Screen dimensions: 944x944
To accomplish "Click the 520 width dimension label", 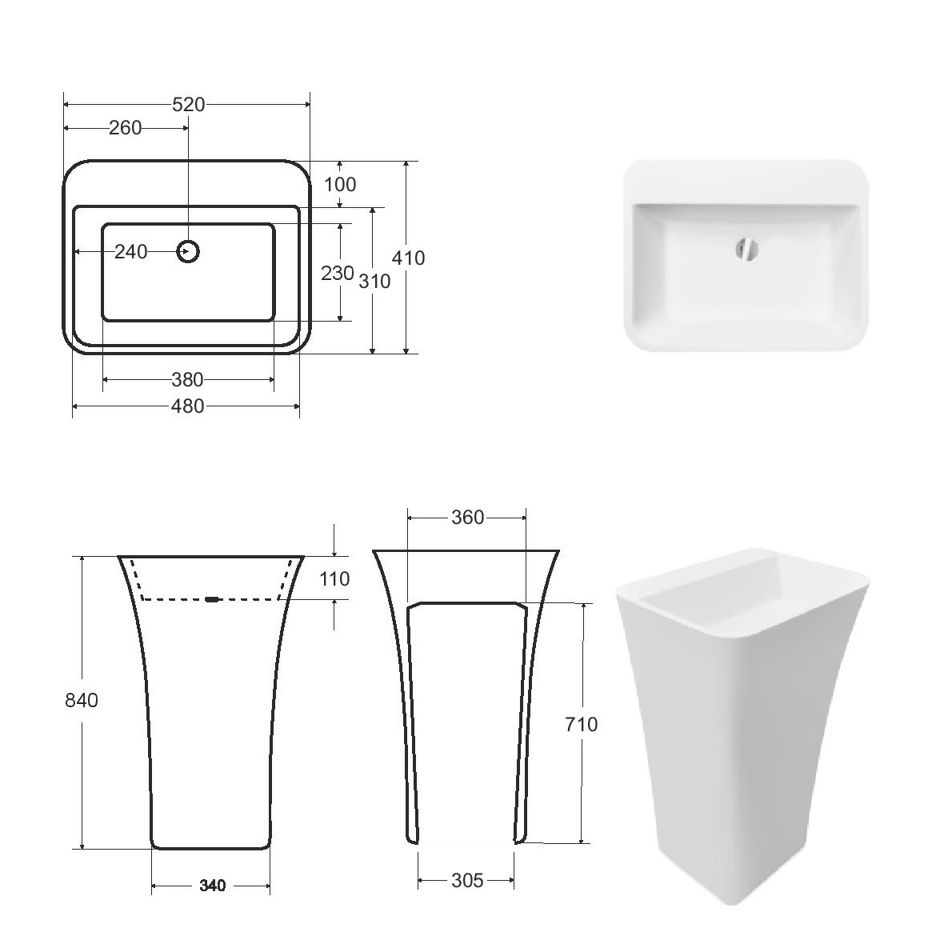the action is (189, 105).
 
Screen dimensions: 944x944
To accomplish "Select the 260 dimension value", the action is (126, 128).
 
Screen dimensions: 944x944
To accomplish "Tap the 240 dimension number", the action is (130, 252).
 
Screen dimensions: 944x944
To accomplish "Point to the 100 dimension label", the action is (340, 184).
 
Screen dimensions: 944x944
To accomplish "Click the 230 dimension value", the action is (337, 274).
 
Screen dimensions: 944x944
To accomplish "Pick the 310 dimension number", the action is (374, 281).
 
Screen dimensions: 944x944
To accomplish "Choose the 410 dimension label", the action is (408, 258).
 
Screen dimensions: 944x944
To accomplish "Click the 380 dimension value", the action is (187, 380).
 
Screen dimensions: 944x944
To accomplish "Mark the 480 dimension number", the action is (187, 406).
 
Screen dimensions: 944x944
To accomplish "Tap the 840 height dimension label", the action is (82, 700).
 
